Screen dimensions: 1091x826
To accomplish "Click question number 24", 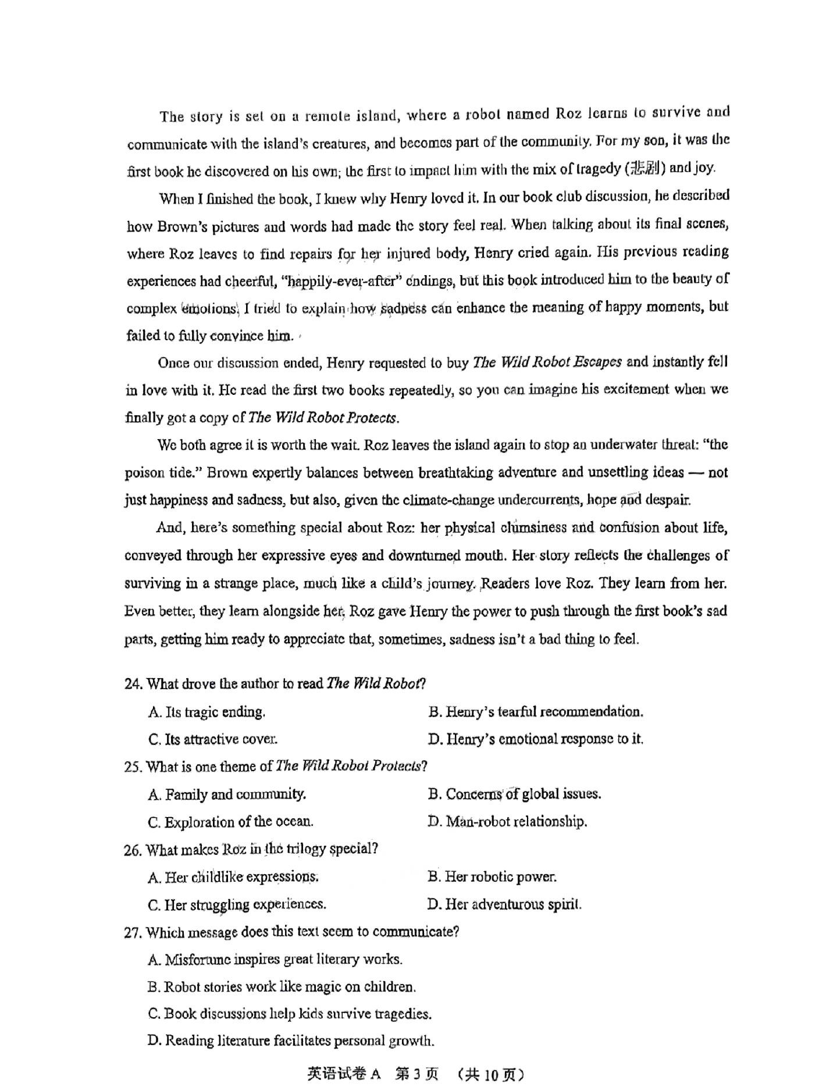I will click(x=133, y=684).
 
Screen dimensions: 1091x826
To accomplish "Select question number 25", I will click(x=133, y=767).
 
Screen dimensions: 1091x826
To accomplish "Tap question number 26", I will click(x=133, y=850).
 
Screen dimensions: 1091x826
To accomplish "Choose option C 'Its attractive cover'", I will click(x=213, y=739).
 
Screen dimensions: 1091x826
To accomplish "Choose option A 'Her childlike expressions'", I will click(x=233, y=877).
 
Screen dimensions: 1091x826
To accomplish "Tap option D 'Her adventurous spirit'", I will click(x=504, y=904).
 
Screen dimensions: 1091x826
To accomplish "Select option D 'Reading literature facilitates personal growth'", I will click(x=291, y=1040).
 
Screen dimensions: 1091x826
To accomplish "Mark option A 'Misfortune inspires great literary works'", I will click(x=275, y=959).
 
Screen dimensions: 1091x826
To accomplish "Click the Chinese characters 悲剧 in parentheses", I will click(x=646, y=169).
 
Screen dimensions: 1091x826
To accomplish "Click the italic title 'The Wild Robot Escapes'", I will click(x=547, y=362).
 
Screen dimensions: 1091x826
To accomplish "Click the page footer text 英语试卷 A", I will click(x=344, y=1074).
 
